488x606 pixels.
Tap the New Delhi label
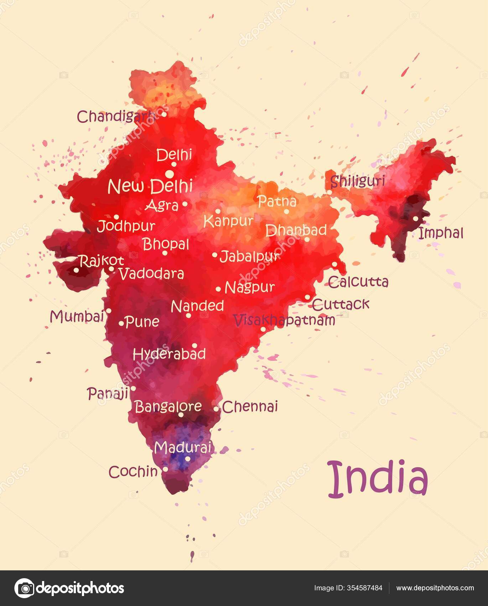click(150, 186)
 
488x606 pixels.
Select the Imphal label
click(441, 233)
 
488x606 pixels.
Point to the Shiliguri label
click(358, 181)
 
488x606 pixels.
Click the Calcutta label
click(358, 282)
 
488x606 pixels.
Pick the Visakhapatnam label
click(284, 320)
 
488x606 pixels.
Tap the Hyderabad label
click(169, 354)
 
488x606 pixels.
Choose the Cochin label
click(133, 472)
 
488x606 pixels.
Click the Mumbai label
click(77, 317)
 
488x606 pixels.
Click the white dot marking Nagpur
click(218, 289)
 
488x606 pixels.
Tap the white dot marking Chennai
click(216, 409)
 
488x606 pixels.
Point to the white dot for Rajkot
click(76, 270)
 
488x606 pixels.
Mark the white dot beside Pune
click(121, 324)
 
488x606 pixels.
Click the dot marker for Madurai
click(187, 458)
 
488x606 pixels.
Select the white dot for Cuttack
click(307, 297)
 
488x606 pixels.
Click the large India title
click(377, 479)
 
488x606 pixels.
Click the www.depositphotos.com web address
click(435, 588)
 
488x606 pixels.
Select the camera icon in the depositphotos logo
click(24, 588)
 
